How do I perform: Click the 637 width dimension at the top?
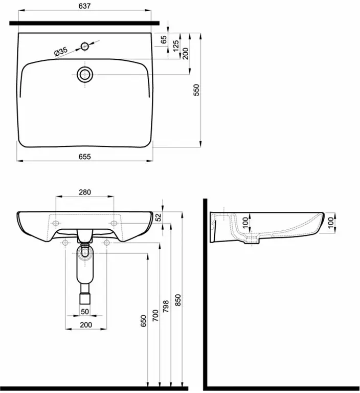(x=84, y=6)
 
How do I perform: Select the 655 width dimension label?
(x=85, y=157)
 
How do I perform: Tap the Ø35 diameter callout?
(x=61, y=51)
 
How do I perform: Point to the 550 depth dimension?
(x=196, y=90)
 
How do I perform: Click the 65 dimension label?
(x=163, y=39)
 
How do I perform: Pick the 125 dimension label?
(x=176, y=46)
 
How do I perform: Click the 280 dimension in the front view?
(x=85, y=192)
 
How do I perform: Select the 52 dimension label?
(x=159, y=217)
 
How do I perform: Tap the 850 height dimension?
(x=177, y=300)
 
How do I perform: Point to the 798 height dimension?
(x=166, y=307)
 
